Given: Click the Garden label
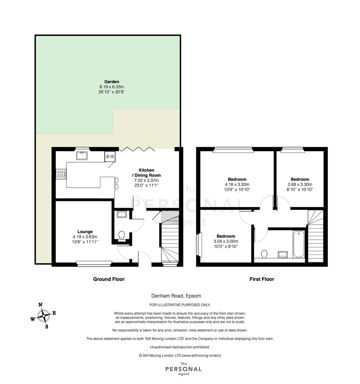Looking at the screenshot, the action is click(x=112, y=81).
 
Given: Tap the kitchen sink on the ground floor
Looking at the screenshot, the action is click(x=81, y=155).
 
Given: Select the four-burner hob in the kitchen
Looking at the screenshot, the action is click(x=61, y=174).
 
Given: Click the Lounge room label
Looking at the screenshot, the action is click(x=85, y=231).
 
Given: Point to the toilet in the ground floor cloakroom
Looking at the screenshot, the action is click(x=122, y=236).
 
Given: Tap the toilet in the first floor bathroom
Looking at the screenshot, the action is click(x=264, y=254).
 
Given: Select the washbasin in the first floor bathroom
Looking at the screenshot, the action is click(x=283, y=255).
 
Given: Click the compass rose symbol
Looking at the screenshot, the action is click(x=44, y=316).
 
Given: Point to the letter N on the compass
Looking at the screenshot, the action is click(x=41, y=305).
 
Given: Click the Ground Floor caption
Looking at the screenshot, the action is click(x=109, y=279).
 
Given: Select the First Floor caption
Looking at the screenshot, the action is click(x=262, y=279).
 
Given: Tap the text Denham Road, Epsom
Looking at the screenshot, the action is click(x=176, y=295).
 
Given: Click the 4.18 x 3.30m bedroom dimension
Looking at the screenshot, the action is click(x=237, y=185).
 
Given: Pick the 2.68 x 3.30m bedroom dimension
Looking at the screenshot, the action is click(x=300, y=185).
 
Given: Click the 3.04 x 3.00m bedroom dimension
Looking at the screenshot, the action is click(x=226, y=241).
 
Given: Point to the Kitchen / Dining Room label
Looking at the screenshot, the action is click(x=147, y=173).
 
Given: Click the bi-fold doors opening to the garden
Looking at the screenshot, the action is click(x=137, y=149).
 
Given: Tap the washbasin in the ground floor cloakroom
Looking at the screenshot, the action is click(x=122, y=214).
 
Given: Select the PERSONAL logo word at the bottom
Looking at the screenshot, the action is click(x=184, y=369).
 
